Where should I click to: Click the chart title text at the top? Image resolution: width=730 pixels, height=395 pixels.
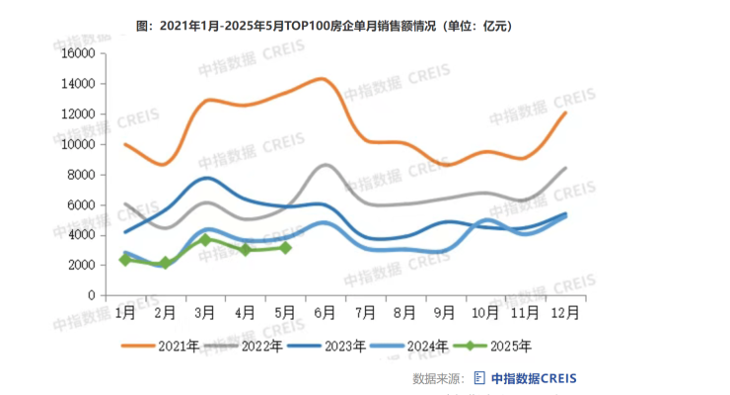(324, 23)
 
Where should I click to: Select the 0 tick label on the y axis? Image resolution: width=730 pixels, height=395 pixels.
(91, 295)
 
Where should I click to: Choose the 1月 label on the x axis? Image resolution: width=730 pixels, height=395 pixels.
(125, 313)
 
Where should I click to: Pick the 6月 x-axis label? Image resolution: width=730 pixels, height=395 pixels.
(325, 313)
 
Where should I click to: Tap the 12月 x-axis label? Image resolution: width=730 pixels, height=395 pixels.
(564, 313)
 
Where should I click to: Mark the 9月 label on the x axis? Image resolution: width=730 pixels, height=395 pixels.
(444, 313)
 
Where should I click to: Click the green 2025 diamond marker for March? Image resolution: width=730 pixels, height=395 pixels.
(205, 240)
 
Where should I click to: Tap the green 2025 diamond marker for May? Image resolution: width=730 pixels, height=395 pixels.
(285, 248)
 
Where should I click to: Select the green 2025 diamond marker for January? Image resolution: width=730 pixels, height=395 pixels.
(125, 260)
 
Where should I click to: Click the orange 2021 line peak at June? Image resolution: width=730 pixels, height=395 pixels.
(321, 79)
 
